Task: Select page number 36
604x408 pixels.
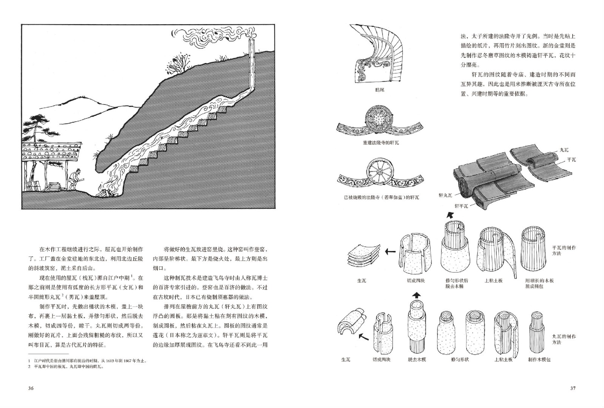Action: point(31,388)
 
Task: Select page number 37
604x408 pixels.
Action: point(573,388)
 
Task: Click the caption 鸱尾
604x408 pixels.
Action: point(380,90)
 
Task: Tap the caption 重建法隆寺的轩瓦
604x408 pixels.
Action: point(381,143)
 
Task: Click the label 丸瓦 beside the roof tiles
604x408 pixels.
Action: point(564,150)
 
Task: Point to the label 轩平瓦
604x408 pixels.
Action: point(461,206)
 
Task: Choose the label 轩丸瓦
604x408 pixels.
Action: point(445,196)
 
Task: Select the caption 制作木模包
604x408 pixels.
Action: point(539,359)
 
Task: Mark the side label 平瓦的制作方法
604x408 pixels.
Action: point(564,251)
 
